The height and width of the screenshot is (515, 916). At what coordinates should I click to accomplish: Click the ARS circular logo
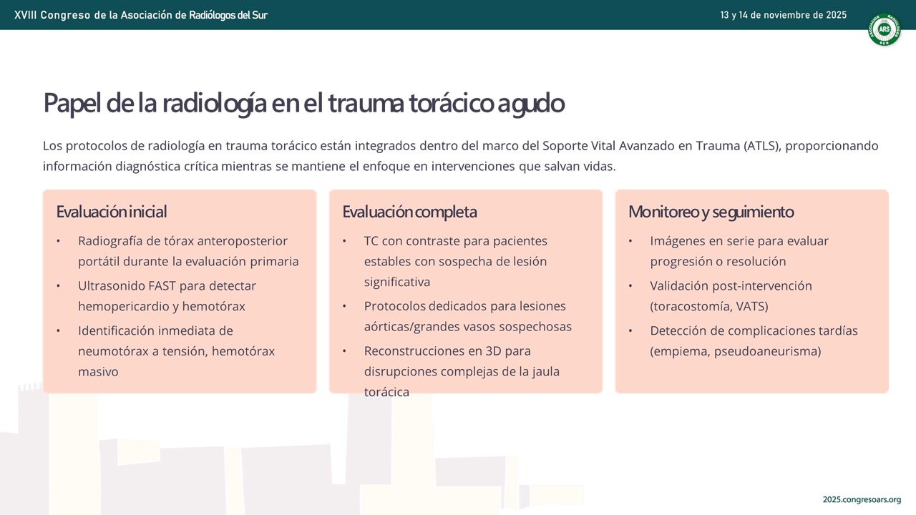point(884,29)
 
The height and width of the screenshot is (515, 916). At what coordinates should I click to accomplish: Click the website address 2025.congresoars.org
point(862,499)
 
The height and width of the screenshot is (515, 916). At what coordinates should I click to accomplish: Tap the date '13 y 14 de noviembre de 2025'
point(783,15)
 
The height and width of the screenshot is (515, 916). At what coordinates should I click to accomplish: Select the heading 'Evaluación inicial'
point(111,212)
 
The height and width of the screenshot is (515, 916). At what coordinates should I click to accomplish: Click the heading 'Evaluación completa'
point(409,212)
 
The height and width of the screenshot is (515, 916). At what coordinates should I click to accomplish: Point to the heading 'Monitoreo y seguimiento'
point(711,212)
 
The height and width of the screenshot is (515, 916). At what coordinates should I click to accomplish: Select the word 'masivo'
point(98,371)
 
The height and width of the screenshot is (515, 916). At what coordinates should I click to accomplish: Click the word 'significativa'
point(396,282)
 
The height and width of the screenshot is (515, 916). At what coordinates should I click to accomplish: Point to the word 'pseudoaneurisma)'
point(768,351)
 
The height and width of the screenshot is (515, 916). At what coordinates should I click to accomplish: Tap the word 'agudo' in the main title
point(531,104)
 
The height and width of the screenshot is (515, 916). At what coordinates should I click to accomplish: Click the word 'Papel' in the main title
point(72,104)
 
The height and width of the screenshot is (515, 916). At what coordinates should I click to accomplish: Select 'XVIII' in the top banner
point(25,15)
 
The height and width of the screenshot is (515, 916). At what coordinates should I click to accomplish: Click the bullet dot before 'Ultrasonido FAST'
point(59,286)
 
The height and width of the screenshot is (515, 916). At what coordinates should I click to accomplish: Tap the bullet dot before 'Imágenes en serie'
point(630,241)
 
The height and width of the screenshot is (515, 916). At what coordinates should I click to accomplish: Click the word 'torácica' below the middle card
point(386,392)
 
